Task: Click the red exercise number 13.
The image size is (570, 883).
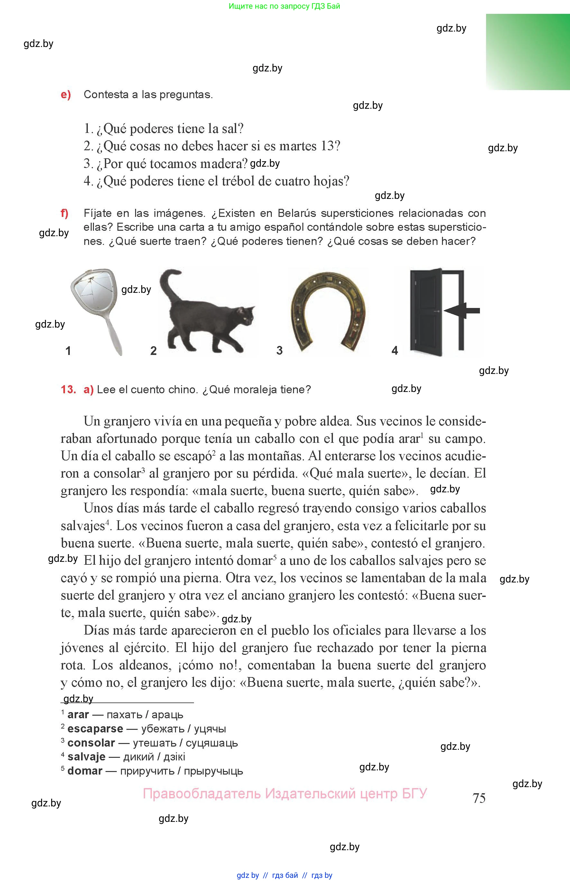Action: [x=69, y=389]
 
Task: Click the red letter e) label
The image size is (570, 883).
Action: [x=66, y=95]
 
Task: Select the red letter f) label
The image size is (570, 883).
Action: [x=65, y=213]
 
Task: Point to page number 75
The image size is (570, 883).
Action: [x=479, y=798]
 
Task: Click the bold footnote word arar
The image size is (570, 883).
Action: [x=78, y=715]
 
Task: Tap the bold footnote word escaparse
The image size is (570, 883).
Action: [x=95, y=729]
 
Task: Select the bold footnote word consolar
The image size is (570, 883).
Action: [x=91, y=743]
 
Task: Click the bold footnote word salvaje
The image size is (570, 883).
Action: [x=86, y=757]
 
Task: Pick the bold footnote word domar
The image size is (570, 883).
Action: [x=85, y=771]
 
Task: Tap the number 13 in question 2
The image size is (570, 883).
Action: [x=327, y=146]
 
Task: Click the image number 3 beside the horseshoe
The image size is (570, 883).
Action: [x=280, y=350]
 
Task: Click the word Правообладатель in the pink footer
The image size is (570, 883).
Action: [x=202, y=794]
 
